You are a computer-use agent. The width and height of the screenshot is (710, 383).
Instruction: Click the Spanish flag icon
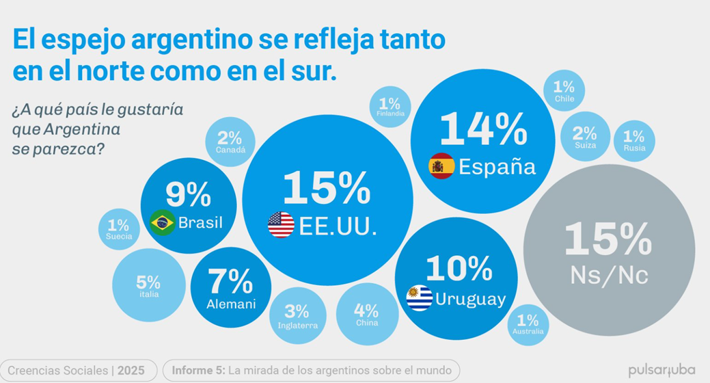tap(441, 166)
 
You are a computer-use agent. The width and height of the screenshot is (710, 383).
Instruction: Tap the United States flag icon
tap(281, 224)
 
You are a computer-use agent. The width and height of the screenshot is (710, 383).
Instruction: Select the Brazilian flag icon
tap(163, 223)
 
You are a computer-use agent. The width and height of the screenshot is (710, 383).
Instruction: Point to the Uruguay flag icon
tap(419, 298)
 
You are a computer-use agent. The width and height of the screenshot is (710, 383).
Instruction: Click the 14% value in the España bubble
tap(482, 128)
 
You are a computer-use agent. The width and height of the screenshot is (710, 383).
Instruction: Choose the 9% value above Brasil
tap(188, 196)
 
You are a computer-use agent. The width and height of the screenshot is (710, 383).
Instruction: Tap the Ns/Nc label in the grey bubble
tap(609, 275)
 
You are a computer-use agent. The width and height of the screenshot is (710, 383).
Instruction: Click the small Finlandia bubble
tap(390, 107)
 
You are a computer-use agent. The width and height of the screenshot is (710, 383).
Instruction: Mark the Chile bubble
tap(564, 92)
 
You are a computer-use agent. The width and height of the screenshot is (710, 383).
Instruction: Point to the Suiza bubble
tap(584, 137)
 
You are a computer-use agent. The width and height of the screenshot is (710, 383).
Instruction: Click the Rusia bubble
tap(633, 141)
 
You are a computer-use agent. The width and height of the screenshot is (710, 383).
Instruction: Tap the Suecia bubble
tap(119, 229)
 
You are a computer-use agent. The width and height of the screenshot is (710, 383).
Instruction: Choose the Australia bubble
tap(528, 324)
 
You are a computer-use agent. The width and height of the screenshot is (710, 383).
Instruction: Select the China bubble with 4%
tap(367, 314)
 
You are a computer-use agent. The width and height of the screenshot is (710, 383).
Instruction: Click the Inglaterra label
tap(298, 326)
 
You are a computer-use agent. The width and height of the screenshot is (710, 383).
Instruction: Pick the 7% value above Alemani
tap(231, 281)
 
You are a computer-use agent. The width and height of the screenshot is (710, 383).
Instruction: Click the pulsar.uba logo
tap(661, 371)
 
